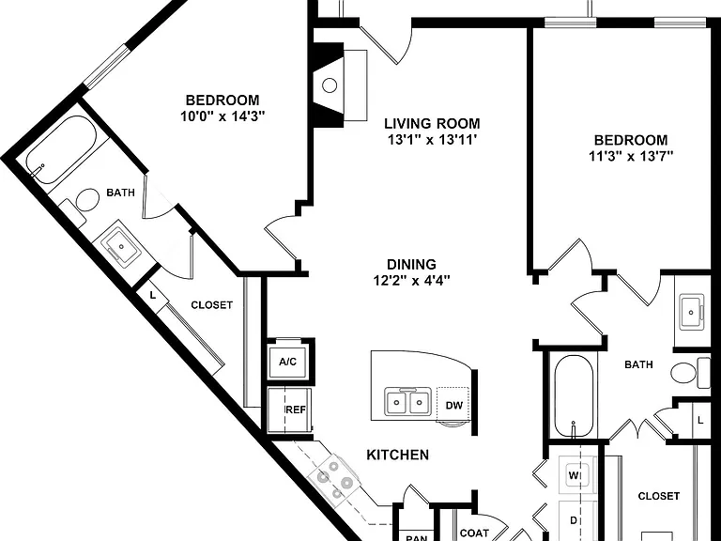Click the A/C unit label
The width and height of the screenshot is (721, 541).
coord(288,362)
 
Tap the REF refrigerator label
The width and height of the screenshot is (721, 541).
coord(296,410)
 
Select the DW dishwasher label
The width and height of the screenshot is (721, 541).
coord(453,406)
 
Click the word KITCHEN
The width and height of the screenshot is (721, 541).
coord(398,455)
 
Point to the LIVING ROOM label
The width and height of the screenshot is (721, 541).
coord(432,123)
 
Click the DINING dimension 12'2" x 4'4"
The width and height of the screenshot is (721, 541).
coord(411,280)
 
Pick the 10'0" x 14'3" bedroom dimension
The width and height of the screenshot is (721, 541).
coord(223,116)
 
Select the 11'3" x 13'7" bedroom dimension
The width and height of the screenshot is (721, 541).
coord(631,157)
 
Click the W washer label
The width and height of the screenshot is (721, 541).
coord(574,475)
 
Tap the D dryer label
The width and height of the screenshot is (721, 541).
coord(574,520)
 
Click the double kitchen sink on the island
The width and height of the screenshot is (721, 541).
coord(407,402)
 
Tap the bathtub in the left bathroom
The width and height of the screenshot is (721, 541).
coord(60,149)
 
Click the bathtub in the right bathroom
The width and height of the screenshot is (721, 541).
coord(574,396)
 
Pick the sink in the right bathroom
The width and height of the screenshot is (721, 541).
coord(692,313)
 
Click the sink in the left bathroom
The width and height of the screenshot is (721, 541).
coord(121,247)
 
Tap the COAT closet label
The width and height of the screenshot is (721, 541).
coord(474,533)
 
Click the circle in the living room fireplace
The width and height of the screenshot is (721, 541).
coord(330,85)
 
